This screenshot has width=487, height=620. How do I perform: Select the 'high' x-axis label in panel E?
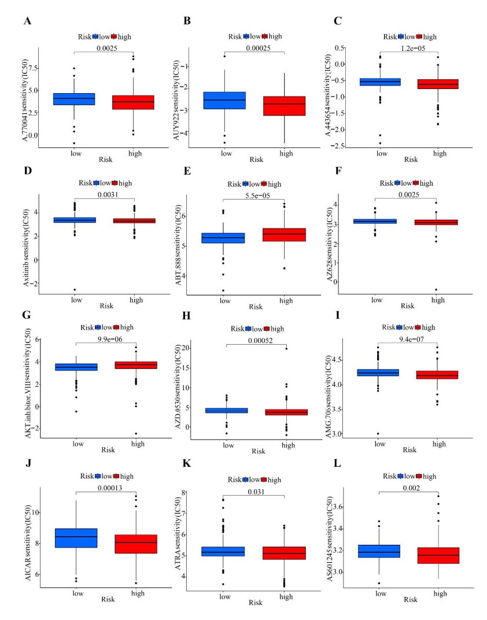click(x=286, y=300)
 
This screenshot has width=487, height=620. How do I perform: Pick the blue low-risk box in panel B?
click(x=224, y=101)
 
